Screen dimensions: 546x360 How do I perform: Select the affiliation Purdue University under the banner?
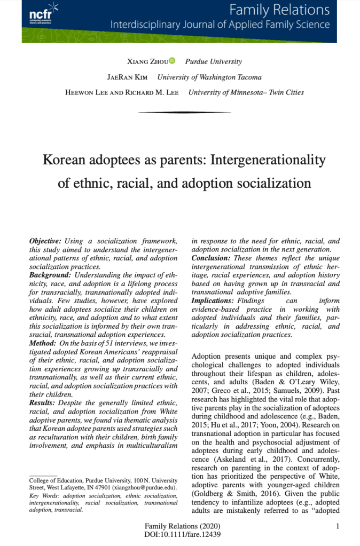click(x=213, y=62)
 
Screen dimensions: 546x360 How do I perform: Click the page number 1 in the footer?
click(x=338, y=526)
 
